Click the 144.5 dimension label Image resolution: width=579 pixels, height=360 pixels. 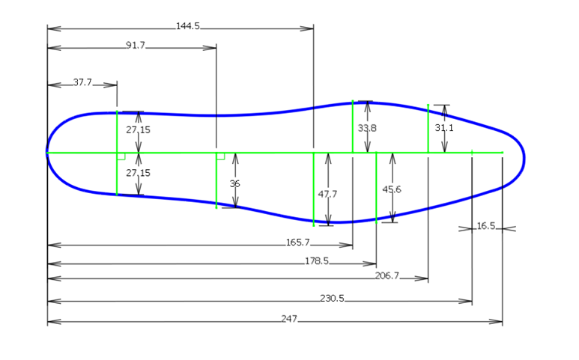click(188, 26)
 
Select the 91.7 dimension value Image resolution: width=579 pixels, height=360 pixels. click(136, 46)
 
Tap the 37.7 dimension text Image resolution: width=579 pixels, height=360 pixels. click(82, 82)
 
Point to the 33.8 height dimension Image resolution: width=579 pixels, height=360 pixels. click(367, 129)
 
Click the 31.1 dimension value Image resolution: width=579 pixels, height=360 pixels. click(444, 128)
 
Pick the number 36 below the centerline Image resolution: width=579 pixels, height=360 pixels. click(234, 183)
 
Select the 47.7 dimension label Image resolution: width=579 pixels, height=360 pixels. click(327, 194)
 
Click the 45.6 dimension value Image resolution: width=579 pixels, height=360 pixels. click(392, 189)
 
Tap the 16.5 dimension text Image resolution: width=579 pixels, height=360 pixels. click(486, 226)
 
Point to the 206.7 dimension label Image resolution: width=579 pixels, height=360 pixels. click(387, 276)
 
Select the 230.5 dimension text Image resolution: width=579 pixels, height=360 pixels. click(332, 299)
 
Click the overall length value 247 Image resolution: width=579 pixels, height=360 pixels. click(289, 319)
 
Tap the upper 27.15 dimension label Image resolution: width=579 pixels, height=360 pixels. click(138, 129)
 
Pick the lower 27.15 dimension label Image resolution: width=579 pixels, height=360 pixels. click(138, 173)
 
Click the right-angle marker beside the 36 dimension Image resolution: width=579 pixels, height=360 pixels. click(220, 156)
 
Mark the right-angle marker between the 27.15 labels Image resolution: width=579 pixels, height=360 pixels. click(121, 156)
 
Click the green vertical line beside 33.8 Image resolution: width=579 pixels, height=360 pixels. click(353, 126)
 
